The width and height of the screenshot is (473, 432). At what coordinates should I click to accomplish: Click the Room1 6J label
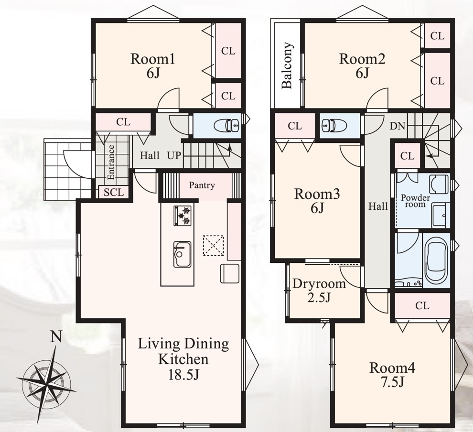click(152, 66)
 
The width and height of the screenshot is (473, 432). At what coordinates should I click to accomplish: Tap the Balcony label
click(287, 65)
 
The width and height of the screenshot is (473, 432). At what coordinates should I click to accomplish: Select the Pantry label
click(202, 185)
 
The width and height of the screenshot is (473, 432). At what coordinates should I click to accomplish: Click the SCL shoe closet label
click(114, 192)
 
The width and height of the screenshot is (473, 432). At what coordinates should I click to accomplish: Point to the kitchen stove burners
click(183, 216)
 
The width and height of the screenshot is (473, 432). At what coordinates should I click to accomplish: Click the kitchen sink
click(182, 254)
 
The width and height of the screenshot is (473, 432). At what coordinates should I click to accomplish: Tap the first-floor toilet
click(226, 125)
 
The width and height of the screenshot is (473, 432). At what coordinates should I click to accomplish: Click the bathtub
click(437, 262)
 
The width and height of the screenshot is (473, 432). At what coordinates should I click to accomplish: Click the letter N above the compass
click(55, 337)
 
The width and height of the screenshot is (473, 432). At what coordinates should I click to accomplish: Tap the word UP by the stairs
click(174, 156)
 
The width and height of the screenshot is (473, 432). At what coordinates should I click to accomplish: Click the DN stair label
click(398, 126)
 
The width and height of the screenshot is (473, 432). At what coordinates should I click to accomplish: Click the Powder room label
click(415, 201)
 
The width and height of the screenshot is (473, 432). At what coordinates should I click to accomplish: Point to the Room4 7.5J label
click(392, 375)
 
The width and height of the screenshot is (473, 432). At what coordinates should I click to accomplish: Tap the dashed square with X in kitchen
click(213, 246)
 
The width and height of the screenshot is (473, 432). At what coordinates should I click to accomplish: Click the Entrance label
click(111, 162)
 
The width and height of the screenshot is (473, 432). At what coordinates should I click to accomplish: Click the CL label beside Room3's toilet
click(295, 126)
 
